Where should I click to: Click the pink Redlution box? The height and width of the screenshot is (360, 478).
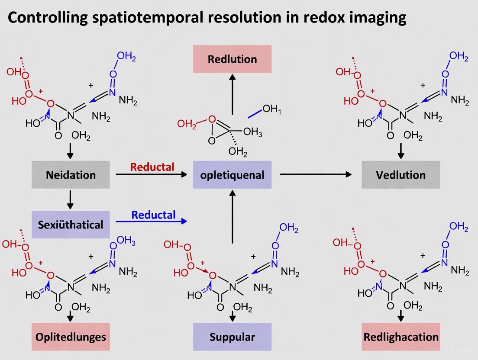click(x=232, y=59)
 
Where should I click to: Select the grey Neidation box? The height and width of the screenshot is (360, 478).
click(x=71, y=175)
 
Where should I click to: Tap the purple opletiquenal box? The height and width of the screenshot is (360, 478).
click(x=232, y=175)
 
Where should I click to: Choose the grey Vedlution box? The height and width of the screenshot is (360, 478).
click(x=400, y=175)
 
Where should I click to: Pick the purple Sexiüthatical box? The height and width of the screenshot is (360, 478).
click(x=71, y=225)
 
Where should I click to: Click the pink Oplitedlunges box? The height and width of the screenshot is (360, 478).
click(x=71, y=337)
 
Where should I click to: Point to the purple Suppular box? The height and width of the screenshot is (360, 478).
click(x=232, y=337)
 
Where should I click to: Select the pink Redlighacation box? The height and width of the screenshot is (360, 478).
click(x=400, y=337)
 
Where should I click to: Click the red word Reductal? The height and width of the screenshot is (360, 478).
click(x=152, y=167)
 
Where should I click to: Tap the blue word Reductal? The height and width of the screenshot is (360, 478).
click(x=153, y=215)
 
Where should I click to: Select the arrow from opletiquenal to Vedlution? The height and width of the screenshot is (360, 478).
click(x=316, y=174)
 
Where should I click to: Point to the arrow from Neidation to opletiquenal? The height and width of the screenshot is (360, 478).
click(x=151, y=174)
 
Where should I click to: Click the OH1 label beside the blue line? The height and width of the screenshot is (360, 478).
click(x=271, y=109)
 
